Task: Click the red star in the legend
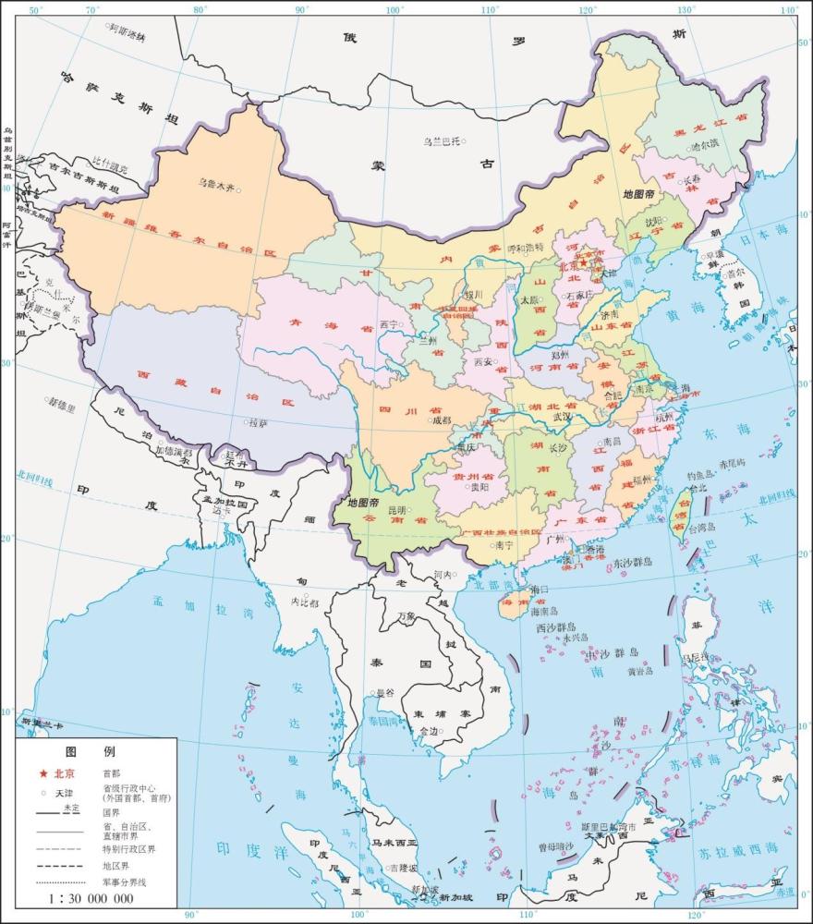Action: pyautogui.click(x=42, y=773)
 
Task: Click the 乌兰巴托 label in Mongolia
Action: pyautogui.click(x=442, y=141)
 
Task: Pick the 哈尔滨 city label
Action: pyautogui.click(x=704, y=146)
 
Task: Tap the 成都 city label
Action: pyautogui.click(x=441, y=420)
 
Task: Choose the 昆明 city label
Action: pyautogui.click(x=396, y=509)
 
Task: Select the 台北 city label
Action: pyautogui.click(x=695, y=487)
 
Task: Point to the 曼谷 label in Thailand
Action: pyautogui.click(x=383, y=692)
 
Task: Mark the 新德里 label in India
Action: pyautogui.click(x=62, y=403)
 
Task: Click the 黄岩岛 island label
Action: pyautogui.click(x=640, y=672)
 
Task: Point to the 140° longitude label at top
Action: pyautogui.click(x=788, y=10)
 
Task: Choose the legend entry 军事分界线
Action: pyautogui.click(x=125, y=882)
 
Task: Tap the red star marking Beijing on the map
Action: pyautogui.click(x=583, y=262)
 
